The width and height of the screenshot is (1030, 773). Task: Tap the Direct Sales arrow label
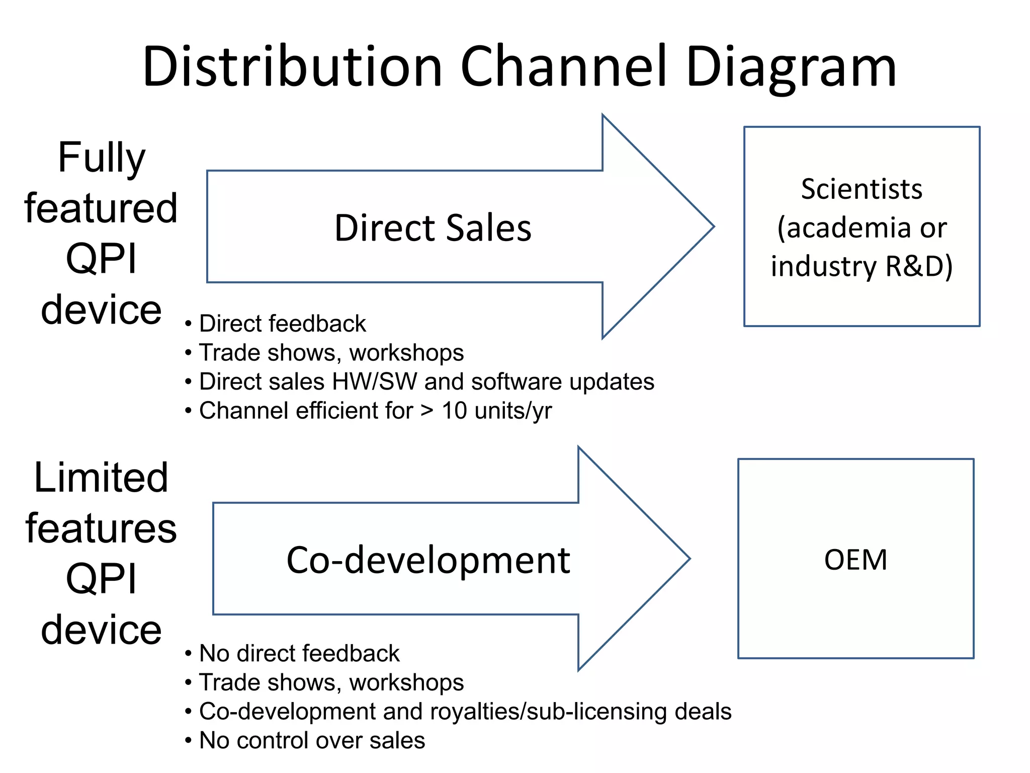point(433,228)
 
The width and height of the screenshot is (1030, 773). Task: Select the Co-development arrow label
point(428,560)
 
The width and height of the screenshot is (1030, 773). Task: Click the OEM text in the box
point(855,560)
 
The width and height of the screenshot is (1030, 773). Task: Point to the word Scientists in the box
point(862,189)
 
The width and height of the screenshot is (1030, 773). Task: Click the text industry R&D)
point(862,266)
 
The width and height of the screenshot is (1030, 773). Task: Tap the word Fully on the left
point(102,158)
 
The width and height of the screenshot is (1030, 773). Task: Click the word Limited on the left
point(101,478)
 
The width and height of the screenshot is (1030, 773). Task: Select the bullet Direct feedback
point(282,324)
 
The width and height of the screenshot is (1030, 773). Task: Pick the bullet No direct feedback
point(299,653)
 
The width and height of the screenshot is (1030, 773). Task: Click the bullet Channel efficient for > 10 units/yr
point(375,411)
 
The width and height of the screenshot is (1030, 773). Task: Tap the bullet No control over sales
point(312,740)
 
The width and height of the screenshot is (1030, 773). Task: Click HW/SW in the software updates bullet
point(374,381)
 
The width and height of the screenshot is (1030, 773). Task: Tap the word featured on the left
point(101,208)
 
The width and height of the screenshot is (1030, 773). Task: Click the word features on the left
point(101,528)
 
